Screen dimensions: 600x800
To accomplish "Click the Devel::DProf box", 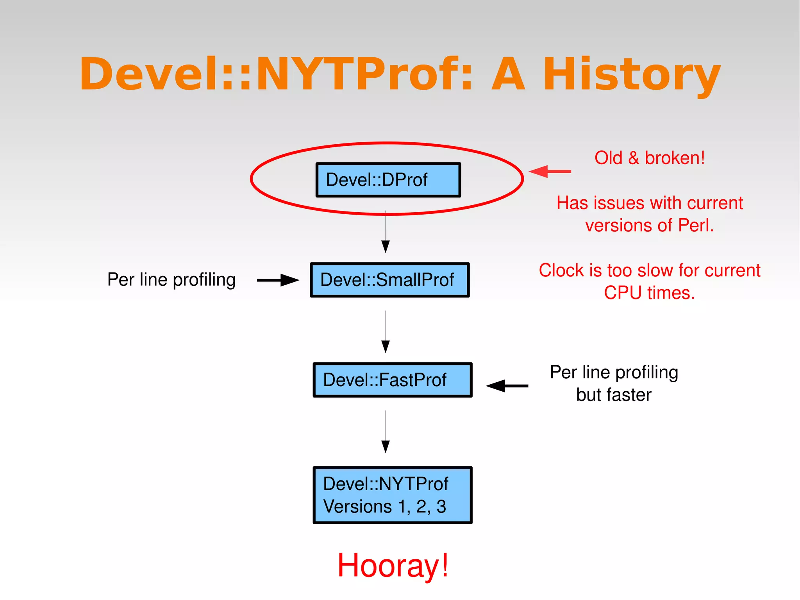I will pos(388,180).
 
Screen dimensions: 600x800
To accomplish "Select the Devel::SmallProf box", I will pos(389,280).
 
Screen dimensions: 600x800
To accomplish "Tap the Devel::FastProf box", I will pos(392,380).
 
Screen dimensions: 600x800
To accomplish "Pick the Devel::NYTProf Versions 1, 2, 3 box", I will pos(392,495).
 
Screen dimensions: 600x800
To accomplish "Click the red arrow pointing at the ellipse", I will pos(550,171).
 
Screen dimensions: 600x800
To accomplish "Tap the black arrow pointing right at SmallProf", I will pos(278,280).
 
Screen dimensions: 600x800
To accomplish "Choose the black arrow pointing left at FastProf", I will pos(507,386).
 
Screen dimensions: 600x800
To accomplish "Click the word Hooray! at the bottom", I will pos(393,566).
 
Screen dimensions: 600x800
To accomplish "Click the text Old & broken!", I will pos(649,158).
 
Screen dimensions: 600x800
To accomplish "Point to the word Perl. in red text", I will pos(696,226).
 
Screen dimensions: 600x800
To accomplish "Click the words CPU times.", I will pos(649,293).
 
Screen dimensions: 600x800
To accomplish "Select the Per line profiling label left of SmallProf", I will pos(171,280).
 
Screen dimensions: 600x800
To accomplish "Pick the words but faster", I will pos(614,395).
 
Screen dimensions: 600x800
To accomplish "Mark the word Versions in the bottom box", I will pos(357,507).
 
